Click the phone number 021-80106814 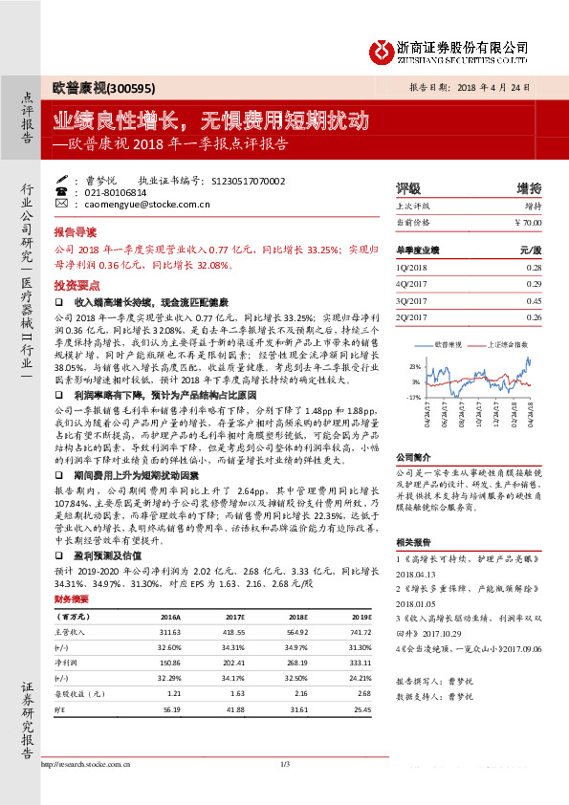[x=113, y=191]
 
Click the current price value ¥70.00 [x=526, y=222]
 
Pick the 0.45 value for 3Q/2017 [x=533, y=300]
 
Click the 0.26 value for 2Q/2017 [x=533, y=316]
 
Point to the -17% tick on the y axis [x=414, y=396]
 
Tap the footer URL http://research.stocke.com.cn [x=90, y=765]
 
